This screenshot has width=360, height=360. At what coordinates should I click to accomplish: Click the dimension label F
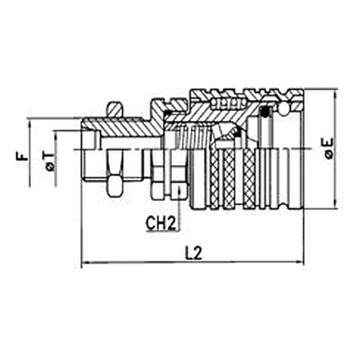pos(22,157)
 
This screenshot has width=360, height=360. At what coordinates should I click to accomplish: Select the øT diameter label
pos(50,161)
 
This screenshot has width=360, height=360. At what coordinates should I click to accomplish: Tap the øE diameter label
pos(328,148)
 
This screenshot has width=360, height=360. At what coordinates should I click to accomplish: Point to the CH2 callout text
pos(161,222)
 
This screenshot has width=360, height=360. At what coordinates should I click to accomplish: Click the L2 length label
pos(194,253)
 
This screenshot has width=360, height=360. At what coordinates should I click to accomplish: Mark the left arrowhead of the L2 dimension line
pos(86,262)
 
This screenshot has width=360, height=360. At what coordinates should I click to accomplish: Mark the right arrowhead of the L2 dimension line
pos(300,262)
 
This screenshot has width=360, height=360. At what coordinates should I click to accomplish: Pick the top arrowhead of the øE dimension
pos(336,93)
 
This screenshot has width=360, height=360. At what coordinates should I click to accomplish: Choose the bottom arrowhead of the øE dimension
pos(336,204)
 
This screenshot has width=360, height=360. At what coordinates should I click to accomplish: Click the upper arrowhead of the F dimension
pos(30,122)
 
